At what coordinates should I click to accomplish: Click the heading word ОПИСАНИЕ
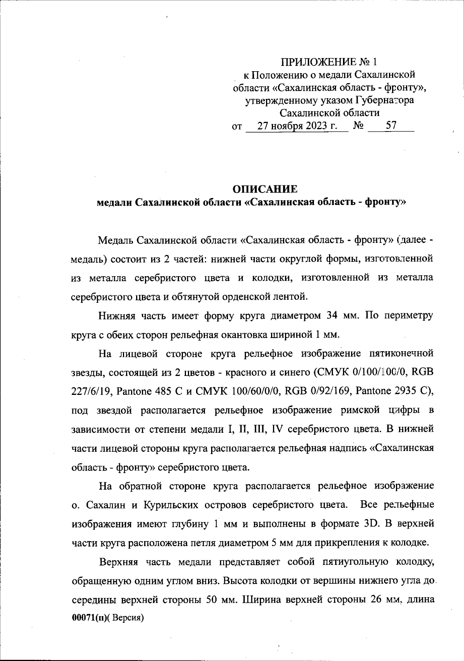[x=265, y=189]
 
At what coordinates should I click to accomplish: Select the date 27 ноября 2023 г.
[x=297, y=126]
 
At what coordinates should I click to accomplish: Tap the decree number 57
[x=391, y=126]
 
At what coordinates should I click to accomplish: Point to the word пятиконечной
[x=401, y=353]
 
